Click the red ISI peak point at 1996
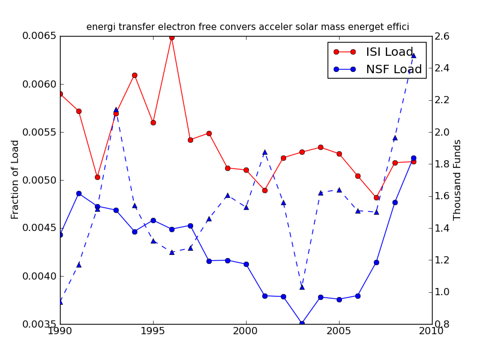click(172, 37)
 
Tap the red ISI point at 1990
click(60, 94)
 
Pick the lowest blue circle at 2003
click(302, 323)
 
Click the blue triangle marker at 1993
click(116, 110)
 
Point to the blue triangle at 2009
click(413, 55)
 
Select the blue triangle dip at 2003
click(302, 287)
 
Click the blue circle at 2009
click(413, 158)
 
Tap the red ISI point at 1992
click(97, 177)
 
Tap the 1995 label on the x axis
click(153, 331)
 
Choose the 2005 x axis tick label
click(339, 331)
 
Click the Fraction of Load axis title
click(16, 179)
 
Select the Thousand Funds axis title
click(458, 179)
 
